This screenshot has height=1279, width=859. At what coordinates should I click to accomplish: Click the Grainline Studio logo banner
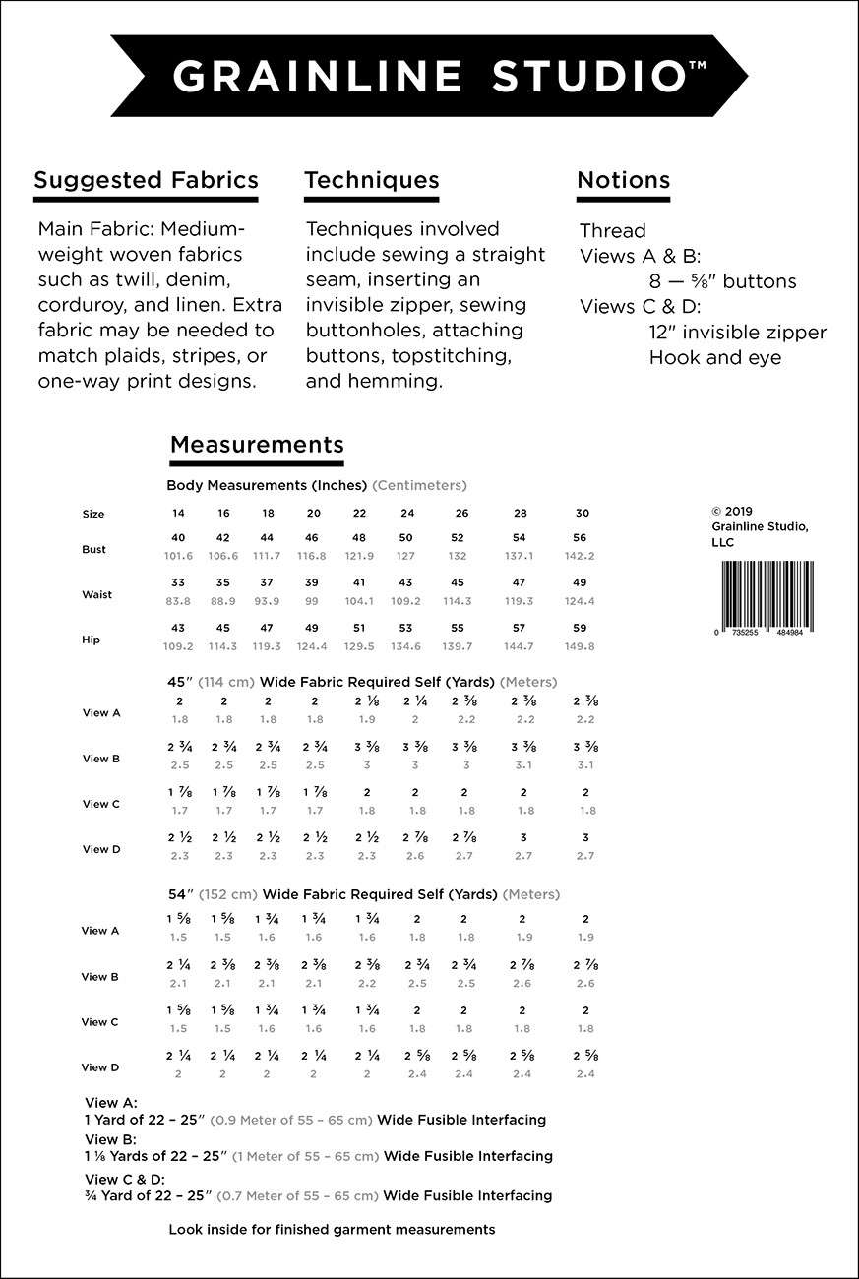coord(429,76)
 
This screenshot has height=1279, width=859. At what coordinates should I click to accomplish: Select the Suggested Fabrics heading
coord(146,180)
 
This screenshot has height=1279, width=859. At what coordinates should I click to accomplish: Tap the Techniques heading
coord(371,180)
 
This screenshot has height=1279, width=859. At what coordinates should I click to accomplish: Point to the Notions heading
coord(623,180)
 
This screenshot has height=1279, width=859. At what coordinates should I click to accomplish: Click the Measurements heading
coord(257,444)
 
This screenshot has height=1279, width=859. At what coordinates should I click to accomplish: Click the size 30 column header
coord(583,514)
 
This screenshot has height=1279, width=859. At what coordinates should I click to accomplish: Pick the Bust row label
coord(93,550)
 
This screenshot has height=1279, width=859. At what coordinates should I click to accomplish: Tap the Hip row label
coord(92,639)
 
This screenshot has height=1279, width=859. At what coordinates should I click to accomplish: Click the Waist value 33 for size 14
coord(178,582)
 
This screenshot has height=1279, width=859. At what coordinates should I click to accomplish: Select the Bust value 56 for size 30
coord(580,538)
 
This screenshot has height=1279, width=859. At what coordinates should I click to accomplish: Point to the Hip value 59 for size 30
coord(580,628)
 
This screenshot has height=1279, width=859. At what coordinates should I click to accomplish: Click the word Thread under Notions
coord(612,231)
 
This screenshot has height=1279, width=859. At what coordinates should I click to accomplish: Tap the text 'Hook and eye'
coord(714,357)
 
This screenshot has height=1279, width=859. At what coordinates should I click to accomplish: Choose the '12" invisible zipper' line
coord(737,333)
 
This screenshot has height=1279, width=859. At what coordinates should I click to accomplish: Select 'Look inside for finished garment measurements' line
coord(332,1229)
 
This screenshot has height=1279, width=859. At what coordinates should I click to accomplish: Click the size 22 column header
coord(359,514)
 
